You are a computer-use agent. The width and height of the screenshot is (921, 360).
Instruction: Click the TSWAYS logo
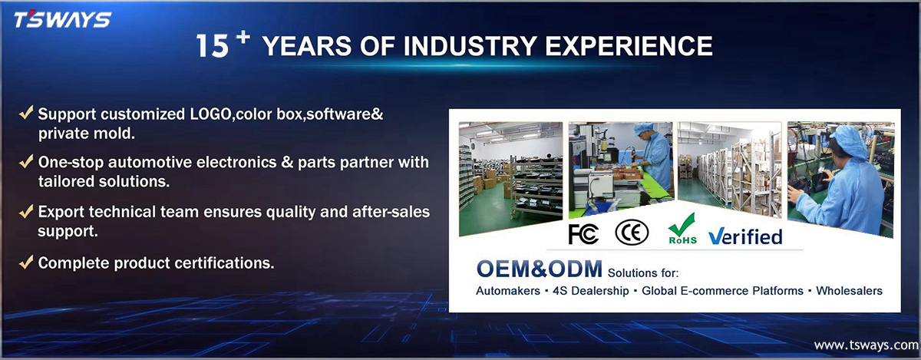62,20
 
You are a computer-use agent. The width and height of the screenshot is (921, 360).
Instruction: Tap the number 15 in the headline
212,45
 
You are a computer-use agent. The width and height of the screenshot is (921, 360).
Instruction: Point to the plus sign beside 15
243,37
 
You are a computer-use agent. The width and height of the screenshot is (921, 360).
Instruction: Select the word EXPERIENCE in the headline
629,45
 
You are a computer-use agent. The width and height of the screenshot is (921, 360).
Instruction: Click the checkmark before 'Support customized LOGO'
26,112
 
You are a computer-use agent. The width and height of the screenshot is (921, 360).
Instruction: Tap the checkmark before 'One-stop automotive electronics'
26,161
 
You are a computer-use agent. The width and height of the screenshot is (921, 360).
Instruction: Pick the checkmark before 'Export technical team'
26,211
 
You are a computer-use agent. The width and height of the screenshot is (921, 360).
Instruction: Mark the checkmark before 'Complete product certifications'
26,262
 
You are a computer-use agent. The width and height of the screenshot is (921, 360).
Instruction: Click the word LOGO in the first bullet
210,114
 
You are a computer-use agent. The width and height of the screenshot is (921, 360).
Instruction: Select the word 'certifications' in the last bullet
224,263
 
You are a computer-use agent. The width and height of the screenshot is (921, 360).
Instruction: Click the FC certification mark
583,234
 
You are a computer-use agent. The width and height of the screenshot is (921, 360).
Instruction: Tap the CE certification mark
632,233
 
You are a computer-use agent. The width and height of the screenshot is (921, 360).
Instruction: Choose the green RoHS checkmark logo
682,229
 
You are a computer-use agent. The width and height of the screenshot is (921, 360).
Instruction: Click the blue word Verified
745,236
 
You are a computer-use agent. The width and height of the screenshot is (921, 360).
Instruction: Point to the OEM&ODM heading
540,269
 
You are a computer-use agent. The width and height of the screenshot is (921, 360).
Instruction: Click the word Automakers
508,291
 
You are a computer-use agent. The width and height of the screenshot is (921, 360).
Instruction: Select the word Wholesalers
849,291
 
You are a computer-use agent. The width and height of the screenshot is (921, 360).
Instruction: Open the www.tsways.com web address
866,345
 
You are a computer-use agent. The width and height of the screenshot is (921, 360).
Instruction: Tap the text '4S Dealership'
590,291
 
